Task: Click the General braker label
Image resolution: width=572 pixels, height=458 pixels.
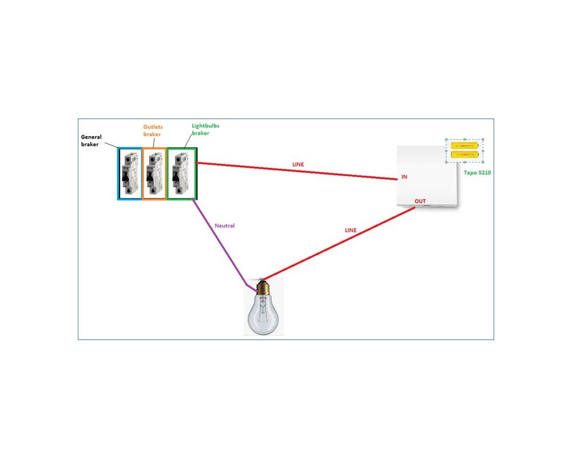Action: point(91,140)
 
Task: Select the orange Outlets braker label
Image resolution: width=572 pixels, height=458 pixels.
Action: point(152,129)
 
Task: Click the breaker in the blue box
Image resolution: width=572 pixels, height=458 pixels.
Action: point(129,173)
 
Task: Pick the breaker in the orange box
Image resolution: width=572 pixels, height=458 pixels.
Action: point(153,173)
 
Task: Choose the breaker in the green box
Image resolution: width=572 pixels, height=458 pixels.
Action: point(181,173)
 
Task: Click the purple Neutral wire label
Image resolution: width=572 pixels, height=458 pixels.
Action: point(224,226)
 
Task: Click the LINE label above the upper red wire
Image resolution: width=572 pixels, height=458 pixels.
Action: point(298,164)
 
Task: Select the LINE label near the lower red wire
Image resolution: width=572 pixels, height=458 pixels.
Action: point(350,230)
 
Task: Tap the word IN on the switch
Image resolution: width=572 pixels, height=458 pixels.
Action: point(404,177)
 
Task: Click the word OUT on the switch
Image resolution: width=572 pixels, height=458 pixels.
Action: point(420,202)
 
